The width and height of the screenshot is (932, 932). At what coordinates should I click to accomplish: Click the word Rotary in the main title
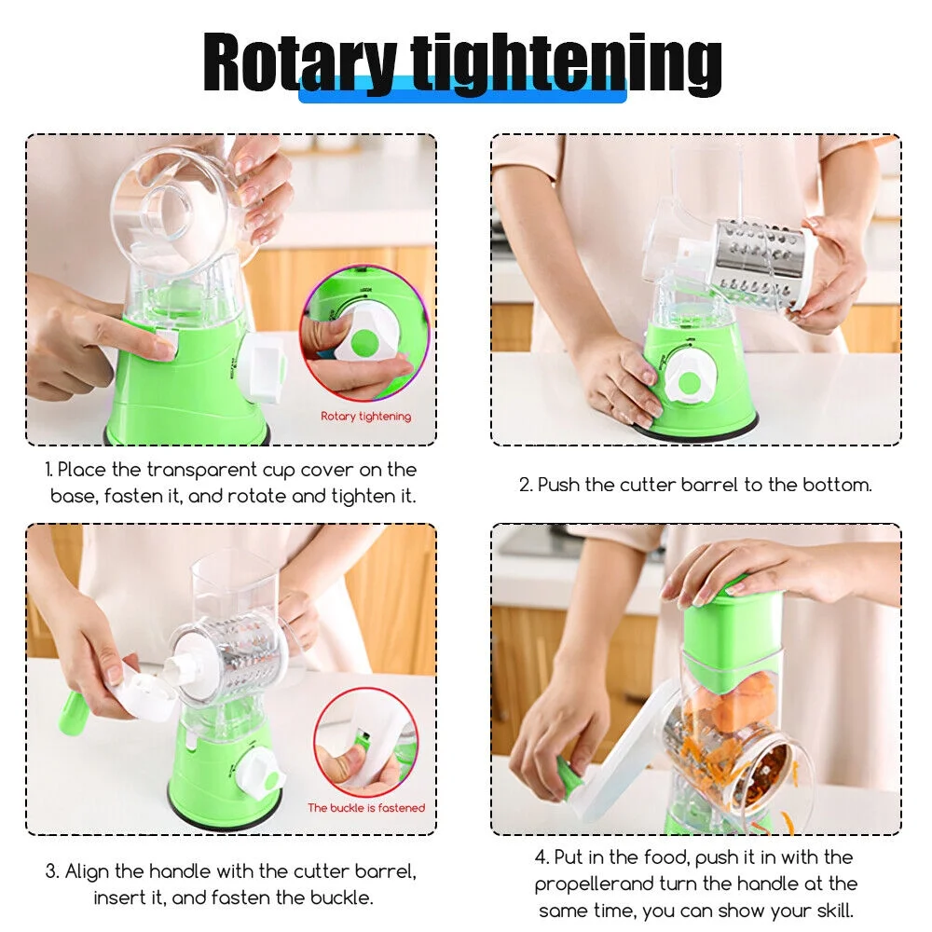pyautogui.click(x=299, y=63)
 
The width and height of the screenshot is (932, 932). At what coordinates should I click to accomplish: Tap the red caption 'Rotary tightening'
pyautogui.click(x=365, y=417)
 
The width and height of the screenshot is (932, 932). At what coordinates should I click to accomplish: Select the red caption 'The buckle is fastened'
pyautogui.click(x=366, y=807)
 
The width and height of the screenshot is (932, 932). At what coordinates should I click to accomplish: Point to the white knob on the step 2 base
pyautogui.click(x=689, y=382)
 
